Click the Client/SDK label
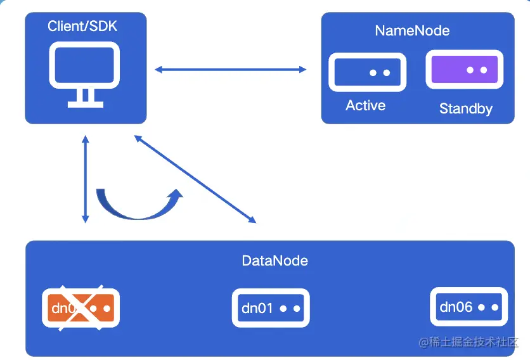tap(83, 27)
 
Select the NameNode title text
tap(412, 30)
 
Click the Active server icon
tap(366, 72)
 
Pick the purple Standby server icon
tap(464, 70)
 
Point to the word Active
tap(365, 105)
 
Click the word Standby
tap(465, 109)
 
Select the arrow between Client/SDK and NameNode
tap(230, 69)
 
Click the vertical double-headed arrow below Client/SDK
tap(86, 179)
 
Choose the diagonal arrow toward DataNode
tap(195, 179)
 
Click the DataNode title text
tap(275, 260)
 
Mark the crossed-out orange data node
tap(81, 308)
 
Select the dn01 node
tap(271, 308)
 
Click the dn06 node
tap(469, 307)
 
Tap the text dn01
tap(257, 309)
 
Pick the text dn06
tap(456, 307)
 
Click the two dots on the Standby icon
tap(477, 70)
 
